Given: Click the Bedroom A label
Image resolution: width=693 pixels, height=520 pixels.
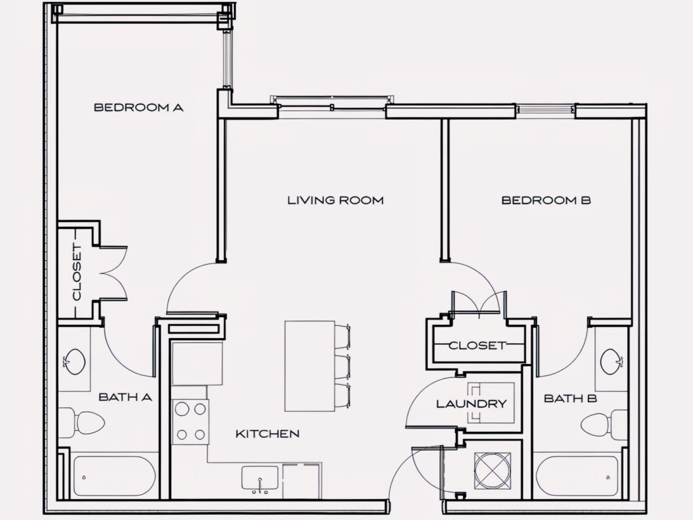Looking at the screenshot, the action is point(139,107).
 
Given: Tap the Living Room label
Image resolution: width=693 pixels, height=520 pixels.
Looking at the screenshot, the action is point(336,200).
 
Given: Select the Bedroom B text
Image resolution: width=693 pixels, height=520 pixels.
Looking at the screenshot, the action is point(546,200).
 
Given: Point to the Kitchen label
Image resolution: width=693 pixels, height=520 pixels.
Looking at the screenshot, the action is point(267,434).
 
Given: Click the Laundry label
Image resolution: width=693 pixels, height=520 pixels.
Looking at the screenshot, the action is point(471,404).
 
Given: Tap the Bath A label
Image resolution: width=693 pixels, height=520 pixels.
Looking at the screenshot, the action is point(125,397).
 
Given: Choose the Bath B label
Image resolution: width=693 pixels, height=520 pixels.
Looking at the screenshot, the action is point(570,399).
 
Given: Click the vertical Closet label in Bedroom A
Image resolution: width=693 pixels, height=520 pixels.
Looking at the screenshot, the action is point(77,272).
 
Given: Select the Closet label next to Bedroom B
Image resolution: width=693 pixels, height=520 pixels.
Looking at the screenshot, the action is point(477,346).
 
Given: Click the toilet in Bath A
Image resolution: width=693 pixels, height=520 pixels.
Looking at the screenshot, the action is point(81,422).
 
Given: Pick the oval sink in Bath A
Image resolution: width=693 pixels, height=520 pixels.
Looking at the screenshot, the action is point(75,362).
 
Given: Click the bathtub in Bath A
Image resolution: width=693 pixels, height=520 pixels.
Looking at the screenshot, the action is point(114,477).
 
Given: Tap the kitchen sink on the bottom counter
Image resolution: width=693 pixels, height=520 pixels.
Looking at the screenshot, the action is point(260,478).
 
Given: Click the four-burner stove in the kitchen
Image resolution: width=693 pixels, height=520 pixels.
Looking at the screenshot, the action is point(191,422).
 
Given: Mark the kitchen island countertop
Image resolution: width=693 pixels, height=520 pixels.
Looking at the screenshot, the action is point(310,366).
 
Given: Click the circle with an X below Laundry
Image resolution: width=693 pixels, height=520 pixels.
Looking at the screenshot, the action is point(493,471).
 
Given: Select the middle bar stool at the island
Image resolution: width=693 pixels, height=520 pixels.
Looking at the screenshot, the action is point(342,366).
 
